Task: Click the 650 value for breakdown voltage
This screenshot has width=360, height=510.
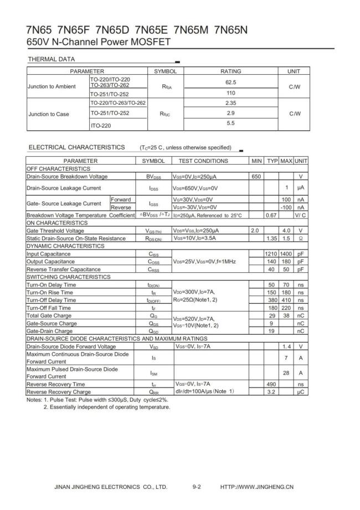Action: pyautogui.click(x=256, y=176)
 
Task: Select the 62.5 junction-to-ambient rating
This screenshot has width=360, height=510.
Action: pyautogui.click(x=231, y=81)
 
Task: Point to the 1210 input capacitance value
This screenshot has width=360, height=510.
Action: pyautogui.click(x=271, y=253)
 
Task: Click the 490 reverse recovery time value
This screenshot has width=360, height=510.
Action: pyautogui.click(x=271, y=384)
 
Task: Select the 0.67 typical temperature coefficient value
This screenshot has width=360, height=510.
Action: pyautogui.click(x=271, y=215)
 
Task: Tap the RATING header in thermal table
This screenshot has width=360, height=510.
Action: pyautogui.click(x=231, y=72)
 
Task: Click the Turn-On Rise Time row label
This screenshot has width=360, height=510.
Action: pyautogui.click(x=49, y=292)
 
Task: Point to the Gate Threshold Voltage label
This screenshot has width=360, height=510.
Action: pyautogui.click(x=55, y=230)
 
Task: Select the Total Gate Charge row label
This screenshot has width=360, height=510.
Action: pyautogui.click(x=49, y=315)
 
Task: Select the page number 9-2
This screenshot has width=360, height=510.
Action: pyautogui.click(x=197, y=487)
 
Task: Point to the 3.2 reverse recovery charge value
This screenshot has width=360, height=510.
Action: pyautogui.click(x=271, y=391)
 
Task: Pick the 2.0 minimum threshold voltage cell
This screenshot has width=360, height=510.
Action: pyautogui.click(x=255, y=230)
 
